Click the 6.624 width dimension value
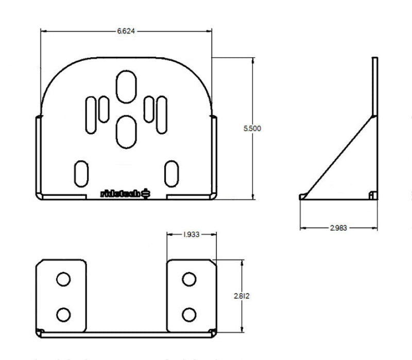pos(126,31)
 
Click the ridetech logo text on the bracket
pos(119,194)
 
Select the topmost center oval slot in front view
pos(126,87)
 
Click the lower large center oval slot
pos(126,130)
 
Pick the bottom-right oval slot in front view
pos(170,174)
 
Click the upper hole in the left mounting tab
pos(63,279)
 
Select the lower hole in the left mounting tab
pos(63,314)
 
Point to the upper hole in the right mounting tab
pos(189,279)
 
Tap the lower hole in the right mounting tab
pos(189,314)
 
